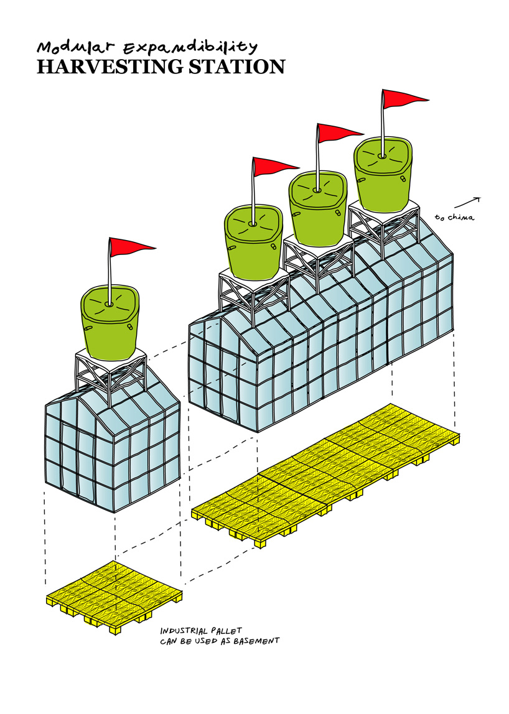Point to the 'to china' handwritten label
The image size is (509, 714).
[x=454, y=217]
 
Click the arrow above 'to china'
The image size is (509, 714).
[x=467, y=203]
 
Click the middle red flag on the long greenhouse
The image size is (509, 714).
[x=338, y=132]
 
